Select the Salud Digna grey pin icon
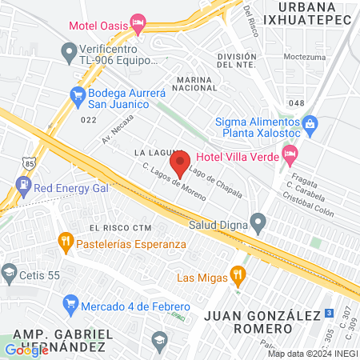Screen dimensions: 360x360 (258, 220)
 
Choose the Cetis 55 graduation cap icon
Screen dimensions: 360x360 (10, 272)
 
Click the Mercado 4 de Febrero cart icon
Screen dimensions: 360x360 (70, 304)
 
